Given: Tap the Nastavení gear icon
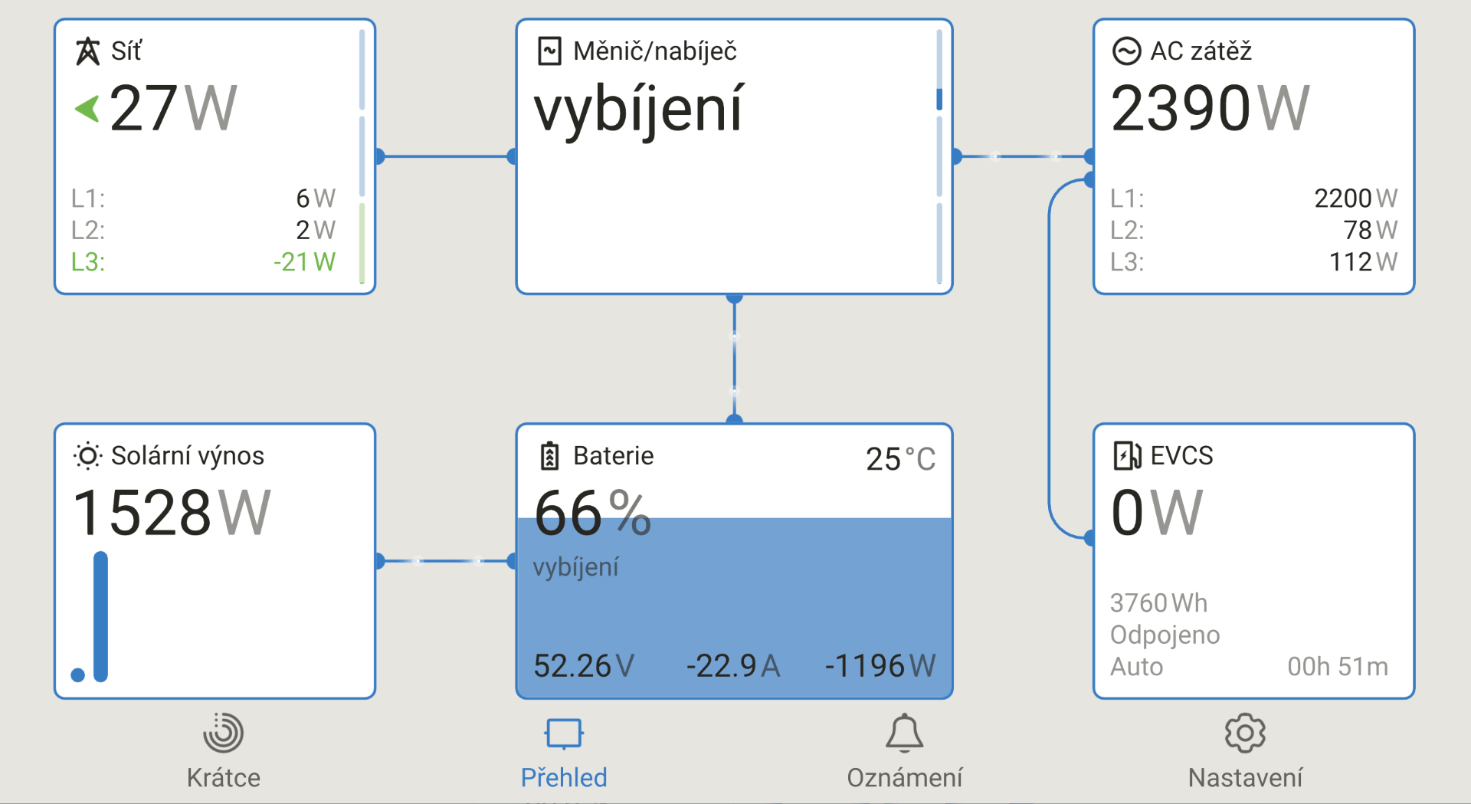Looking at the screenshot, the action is coord(1245,733).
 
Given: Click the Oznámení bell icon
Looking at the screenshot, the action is coord(904,733).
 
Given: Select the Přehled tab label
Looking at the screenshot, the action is coord(564,777).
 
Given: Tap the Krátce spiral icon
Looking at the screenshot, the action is coord(223,733).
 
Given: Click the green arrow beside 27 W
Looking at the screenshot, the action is coord(87,109).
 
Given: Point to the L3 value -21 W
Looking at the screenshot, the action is coord(304,262).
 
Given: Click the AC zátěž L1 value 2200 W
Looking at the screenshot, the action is coord(1355,199).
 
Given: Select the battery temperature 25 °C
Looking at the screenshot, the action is coord(900,459).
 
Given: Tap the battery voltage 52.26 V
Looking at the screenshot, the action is coord(584,665).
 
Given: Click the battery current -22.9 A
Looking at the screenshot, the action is coord(733,665).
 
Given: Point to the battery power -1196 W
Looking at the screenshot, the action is coord(880,665).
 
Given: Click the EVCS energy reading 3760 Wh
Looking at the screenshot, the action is coord(1158,603).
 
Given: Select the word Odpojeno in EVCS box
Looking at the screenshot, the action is coord(1165,635).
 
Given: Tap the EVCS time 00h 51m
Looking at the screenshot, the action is coord(1338,667).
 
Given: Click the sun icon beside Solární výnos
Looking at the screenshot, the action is coord(87,456).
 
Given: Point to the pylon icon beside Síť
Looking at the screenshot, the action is coord(87,51).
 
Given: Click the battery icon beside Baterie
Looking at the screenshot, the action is coord(549,455).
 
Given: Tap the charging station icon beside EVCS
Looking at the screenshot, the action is coord(1126,455).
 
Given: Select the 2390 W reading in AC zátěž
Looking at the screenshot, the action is coord(1211,109).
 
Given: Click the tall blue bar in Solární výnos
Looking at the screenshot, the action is coord(100,616).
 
